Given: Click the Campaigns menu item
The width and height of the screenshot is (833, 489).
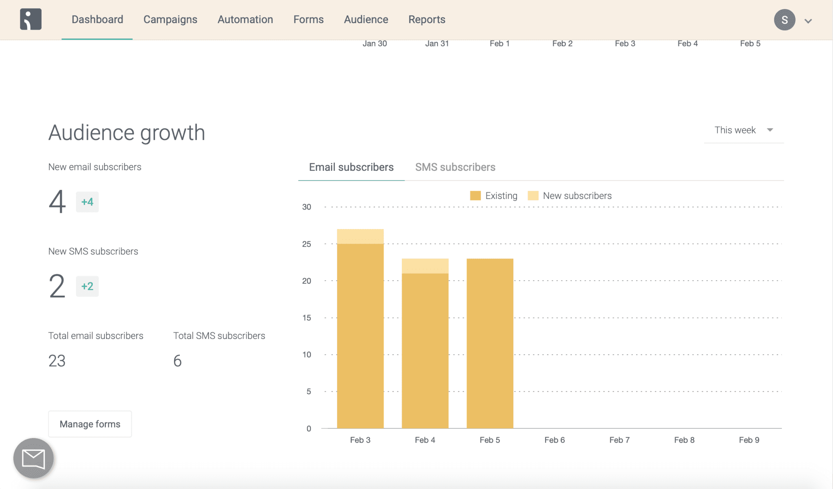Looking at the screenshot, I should point(170,20).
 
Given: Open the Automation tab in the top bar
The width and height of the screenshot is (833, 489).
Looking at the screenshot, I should point(245,20).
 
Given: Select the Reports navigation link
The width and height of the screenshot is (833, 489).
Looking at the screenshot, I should point(427,20).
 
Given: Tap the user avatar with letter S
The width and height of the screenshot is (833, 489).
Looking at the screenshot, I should point(784,20).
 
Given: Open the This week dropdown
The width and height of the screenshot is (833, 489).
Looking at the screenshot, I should point(744,130).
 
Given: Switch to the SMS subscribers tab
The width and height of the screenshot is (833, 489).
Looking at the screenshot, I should point(455,167).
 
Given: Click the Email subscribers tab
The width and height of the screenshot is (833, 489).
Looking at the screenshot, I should point(351,167).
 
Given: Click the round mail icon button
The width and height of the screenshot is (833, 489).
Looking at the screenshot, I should point(33,458).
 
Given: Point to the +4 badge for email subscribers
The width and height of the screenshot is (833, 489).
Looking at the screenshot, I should point(87,202).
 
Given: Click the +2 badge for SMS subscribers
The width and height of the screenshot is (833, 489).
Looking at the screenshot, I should point(87,286).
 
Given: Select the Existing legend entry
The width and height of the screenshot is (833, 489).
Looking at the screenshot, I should point(494,196).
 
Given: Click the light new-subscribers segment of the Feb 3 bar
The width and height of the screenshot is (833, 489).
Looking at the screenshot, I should point(360,236).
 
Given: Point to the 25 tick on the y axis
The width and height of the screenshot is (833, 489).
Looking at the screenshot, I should point(306,244).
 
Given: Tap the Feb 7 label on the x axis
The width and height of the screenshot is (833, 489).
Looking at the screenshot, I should point(619,440).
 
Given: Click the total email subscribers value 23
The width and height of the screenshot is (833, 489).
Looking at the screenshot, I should point(57,361).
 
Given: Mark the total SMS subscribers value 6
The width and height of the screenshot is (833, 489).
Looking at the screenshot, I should point(177,361).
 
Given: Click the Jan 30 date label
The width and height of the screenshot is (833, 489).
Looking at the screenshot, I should point(374,44).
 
